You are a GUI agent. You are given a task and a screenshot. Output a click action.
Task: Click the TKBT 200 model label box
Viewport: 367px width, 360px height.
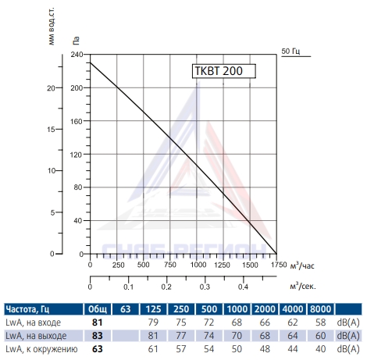[224, 71]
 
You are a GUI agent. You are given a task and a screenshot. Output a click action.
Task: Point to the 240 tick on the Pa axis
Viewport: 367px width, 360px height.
[77, 55]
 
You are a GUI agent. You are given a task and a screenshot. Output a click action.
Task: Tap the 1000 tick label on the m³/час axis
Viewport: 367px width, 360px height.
[198, 265]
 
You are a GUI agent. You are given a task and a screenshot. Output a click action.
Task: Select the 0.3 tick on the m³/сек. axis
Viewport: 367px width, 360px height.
[205, 287]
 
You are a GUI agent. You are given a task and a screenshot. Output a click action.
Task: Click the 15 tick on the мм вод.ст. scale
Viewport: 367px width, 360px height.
[51, 130]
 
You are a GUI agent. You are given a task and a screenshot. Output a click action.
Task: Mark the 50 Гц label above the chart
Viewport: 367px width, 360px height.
[290, 51]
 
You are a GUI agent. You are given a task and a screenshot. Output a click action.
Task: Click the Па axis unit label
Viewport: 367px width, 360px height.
[76, 41]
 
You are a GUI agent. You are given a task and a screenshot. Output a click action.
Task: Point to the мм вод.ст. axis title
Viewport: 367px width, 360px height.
[52, 26]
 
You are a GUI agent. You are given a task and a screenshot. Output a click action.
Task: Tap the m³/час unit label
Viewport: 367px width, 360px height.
[302, 266]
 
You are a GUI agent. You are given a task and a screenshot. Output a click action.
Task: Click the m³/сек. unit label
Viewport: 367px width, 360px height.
[303, 286]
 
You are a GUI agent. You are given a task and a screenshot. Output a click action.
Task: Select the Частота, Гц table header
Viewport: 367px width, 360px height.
[27, 309]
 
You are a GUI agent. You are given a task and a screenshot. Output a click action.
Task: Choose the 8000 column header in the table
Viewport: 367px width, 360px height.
[320, 309]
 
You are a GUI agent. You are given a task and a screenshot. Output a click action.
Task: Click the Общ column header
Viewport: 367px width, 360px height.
[98, 309]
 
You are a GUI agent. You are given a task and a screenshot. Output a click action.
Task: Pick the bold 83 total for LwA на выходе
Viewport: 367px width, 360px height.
[98, 336]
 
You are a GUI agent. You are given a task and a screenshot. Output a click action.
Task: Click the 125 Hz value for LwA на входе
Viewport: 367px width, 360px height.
[153, 323]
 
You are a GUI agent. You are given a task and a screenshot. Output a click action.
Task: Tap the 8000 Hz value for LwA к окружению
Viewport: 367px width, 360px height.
[320, 349]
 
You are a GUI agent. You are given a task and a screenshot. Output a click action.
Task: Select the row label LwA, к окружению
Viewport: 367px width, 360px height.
[41, 349]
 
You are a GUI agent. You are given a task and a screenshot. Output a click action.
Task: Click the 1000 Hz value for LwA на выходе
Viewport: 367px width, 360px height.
[237, 336]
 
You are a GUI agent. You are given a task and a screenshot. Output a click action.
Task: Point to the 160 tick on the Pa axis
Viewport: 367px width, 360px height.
[77, 121]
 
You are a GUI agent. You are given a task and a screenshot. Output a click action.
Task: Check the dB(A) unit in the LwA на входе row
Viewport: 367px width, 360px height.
[348, 323]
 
